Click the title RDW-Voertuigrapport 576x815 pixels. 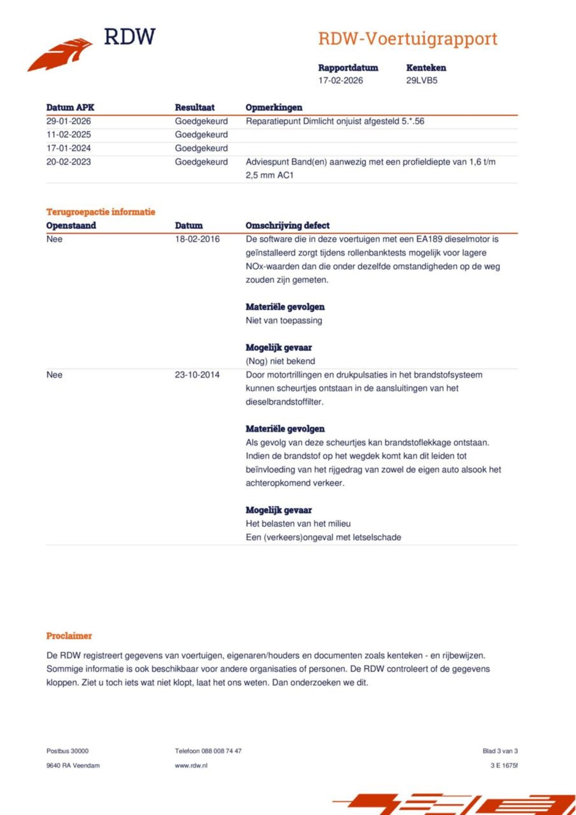pyautogui.click(x=408, y=39)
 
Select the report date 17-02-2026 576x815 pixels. pyautogui.click(x=340, y=81)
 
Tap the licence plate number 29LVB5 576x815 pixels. pyautogui.click(x=422, y=81)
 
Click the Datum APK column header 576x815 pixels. pyautogui.click(x=70, y=107)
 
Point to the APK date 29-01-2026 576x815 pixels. pyautogui.click(x=68, y=121)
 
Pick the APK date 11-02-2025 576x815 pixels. pyautogui.click(x=68, y=134)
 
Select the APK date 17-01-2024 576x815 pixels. pyautogui.click(x=68, y=148)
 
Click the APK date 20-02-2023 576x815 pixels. pyautogui.click(x=68, y=162)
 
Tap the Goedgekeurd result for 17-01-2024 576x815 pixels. pyautogui.click(x=201, y=148)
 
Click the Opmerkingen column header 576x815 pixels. pyautogui.click(x=274, y=107)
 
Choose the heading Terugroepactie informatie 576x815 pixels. pyautogui.click(x=101, y=212)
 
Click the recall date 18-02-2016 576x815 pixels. pyautogui.click(x=197, y=239)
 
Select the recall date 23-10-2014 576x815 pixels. pyautogui.click(x=197, y=375)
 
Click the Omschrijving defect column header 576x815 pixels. pyautogui.click(x=288, y=225)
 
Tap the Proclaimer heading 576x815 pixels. pyautogui.click(x=69, y=636)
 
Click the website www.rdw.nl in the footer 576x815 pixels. pyautogui.click(x=191, y=765)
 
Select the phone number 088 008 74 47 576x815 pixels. pyautogui.click(x=221, y=751)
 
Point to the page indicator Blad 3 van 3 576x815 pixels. pyautogui.click(x=500, y=751)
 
